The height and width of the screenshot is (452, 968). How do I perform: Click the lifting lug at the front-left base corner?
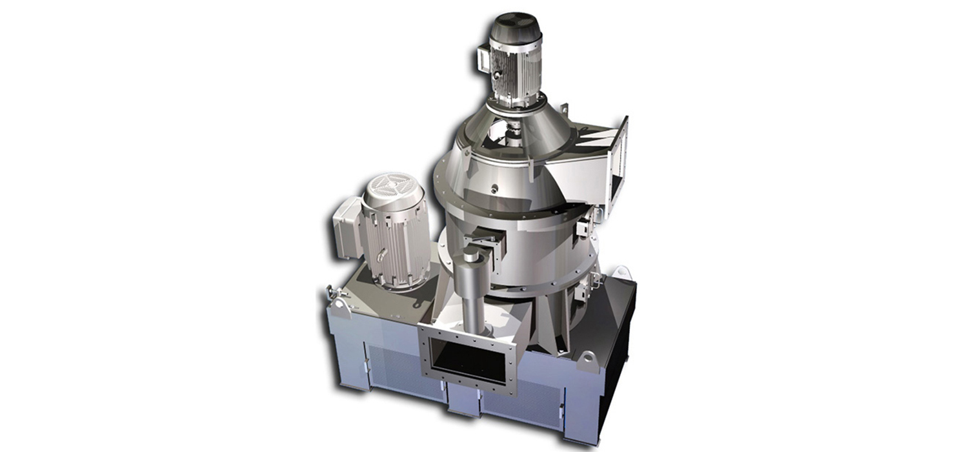point(336,298)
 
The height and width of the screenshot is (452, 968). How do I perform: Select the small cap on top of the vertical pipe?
point(471,256)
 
